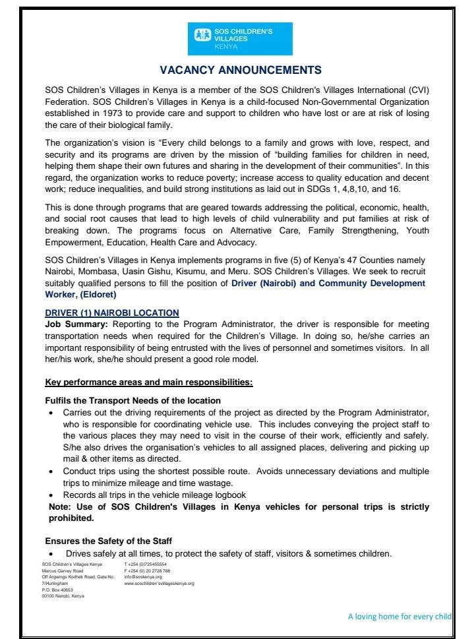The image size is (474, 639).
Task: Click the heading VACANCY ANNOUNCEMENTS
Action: click(237, 69)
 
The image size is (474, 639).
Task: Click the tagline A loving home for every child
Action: click(400, 617)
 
